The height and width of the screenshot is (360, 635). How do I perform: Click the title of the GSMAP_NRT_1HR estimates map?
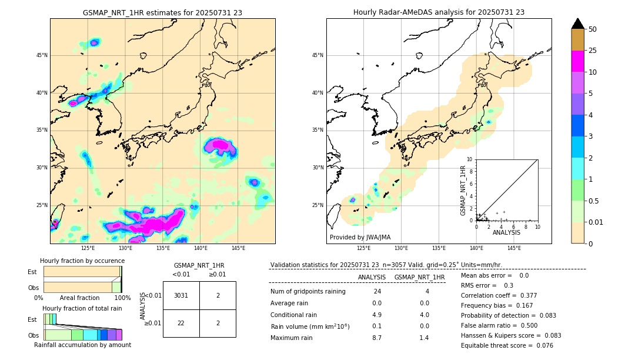click(x=162, y=12)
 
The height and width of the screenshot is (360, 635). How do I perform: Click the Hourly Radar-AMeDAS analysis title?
click(x=439, y=12)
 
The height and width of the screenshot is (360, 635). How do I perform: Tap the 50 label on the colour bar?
click(x=593, y=29)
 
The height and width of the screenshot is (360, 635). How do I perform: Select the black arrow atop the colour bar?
click(x=578, y=24)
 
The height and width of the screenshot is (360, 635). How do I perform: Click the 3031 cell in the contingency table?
click(x=181, y=295)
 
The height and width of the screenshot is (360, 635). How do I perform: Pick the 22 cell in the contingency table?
click(x=181, y=323)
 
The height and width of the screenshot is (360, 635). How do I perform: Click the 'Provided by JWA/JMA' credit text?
click(x=360, y=237)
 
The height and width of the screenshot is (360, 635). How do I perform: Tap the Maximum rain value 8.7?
click(x=377, y=338)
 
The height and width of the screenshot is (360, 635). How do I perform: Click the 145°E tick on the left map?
click(x=238, y=248)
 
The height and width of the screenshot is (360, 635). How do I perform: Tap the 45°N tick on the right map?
click(x=317, y=55)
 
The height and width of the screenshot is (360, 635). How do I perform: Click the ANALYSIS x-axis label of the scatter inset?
click(x=506, y=232)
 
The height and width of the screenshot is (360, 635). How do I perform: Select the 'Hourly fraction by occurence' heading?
click(x=82, y=261)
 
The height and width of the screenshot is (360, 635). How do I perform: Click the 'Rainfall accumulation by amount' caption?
click(x=82, y=345)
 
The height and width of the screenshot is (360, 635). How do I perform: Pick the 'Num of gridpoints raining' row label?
click(x=308, y=292)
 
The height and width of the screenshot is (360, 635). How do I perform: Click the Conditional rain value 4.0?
click(x=424, y=315)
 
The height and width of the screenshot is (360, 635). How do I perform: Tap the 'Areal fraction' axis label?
click(x=79, y=298)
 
